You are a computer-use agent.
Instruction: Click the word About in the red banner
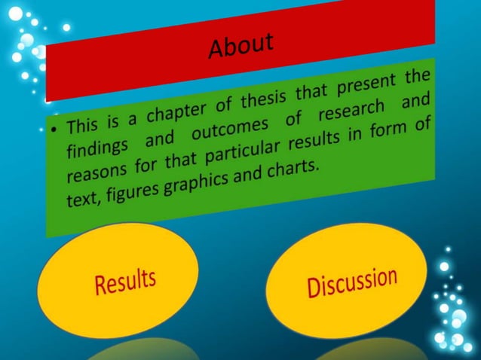(x=240, y=46)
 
